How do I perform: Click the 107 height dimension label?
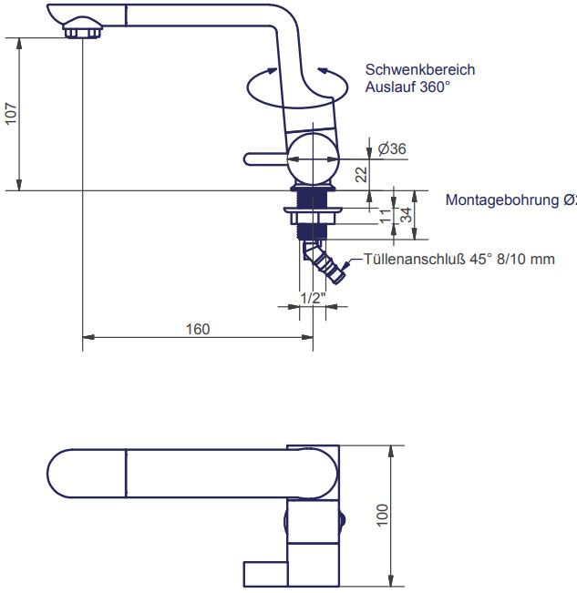click(x=12, y=115)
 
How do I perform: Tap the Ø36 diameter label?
click(x=392, y=148)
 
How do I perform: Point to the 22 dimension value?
click(x=361, y=175)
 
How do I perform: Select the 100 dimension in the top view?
click(x=382, y=516)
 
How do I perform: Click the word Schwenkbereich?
click(x=419, y=70)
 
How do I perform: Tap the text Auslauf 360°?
click(x=407, y=87)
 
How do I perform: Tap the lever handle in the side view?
click(x=265, y=159)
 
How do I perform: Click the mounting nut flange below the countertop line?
click(x=314, y=214)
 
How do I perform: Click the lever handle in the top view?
click(x=265, y=574)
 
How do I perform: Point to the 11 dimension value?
click(x=385, y=216)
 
